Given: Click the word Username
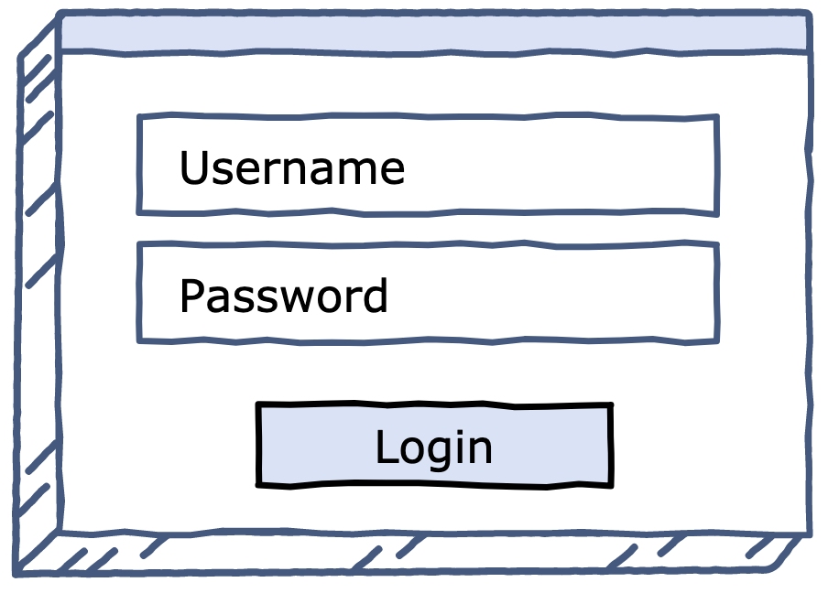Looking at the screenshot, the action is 292,167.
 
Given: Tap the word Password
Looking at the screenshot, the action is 284,296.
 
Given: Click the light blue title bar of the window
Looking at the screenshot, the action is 434,33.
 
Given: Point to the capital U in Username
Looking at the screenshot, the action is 194,167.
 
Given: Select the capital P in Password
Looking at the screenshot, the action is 192,296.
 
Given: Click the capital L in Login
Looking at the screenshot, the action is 387,447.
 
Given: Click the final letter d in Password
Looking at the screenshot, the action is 376,296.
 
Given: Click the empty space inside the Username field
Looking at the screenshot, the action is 560,165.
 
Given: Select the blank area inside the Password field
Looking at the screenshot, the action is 551,294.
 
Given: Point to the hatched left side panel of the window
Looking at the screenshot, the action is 39,296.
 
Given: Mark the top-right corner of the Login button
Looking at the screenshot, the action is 612,405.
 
